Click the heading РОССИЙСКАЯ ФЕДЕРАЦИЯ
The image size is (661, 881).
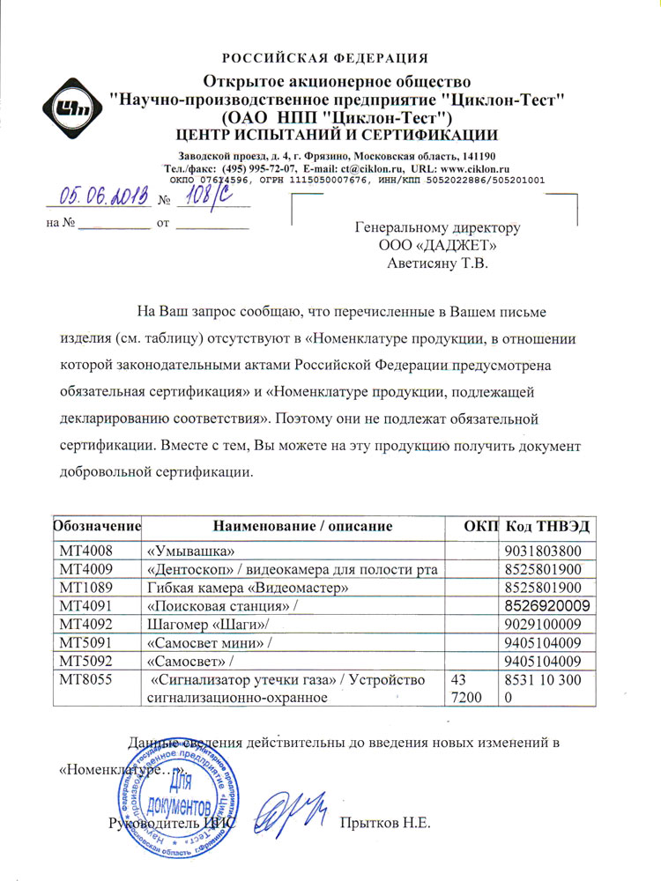[325, 59]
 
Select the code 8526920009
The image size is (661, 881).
[553, 606]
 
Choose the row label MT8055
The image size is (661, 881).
[83, 680]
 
